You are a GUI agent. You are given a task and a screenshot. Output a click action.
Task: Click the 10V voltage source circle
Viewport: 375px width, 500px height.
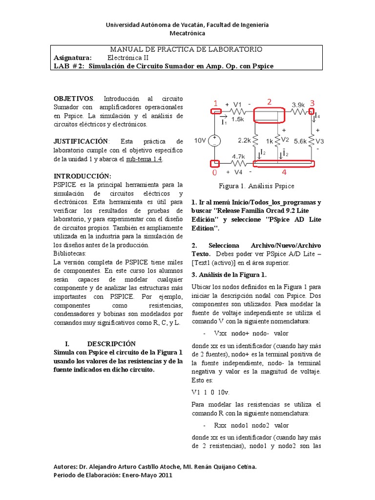(214, 141)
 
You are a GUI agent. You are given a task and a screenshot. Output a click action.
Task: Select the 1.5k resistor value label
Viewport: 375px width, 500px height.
(238, 119)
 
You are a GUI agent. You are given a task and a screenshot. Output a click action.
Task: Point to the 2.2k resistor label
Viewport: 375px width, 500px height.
(244, 140)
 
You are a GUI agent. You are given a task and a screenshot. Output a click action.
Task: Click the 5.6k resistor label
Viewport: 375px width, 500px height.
(301, 141)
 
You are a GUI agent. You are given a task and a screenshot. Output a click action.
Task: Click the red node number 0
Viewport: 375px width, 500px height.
(214, 173)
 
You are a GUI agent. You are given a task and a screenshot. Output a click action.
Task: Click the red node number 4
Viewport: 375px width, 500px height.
(284, 172)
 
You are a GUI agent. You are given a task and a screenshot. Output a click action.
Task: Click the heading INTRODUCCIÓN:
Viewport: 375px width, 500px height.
(82, 176)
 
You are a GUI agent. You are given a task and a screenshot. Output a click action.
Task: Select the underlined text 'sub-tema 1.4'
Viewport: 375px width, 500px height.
(145, 159)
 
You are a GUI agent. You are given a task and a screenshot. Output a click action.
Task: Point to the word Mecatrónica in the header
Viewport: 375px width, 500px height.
(187, 33)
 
